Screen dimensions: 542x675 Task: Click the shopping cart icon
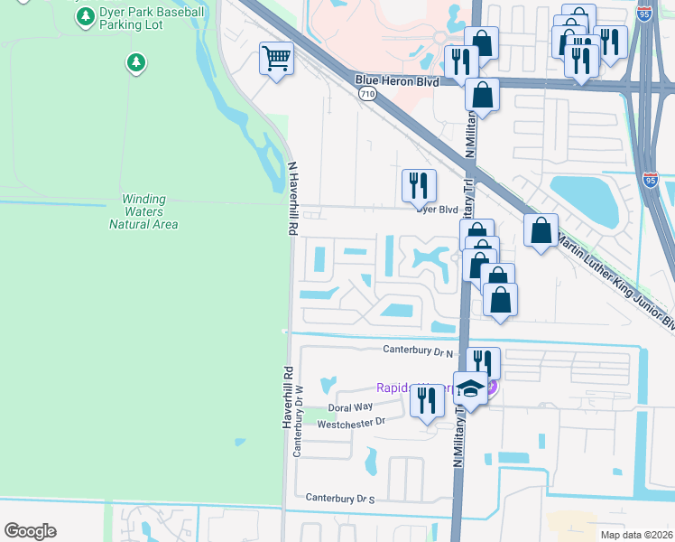(277, 60)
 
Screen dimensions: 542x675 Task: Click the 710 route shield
(366, 93)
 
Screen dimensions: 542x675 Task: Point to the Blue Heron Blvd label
(397, 81)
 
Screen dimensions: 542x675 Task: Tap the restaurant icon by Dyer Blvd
(419, 185)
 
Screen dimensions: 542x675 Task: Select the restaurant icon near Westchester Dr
(427, 399)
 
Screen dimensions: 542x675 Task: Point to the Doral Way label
(356, 407)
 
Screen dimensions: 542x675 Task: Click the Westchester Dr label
(350, 421)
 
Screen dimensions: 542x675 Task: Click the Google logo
(30, 531)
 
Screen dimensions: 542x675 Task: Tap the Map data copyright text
(637, 534)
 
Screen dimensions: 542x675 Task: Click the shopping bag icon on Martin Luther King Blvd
(541, 230)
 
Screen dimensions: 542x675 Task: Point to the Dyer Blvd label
(437, 210)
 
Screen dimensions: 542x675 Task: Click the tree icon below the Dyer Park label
(135, 62)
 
